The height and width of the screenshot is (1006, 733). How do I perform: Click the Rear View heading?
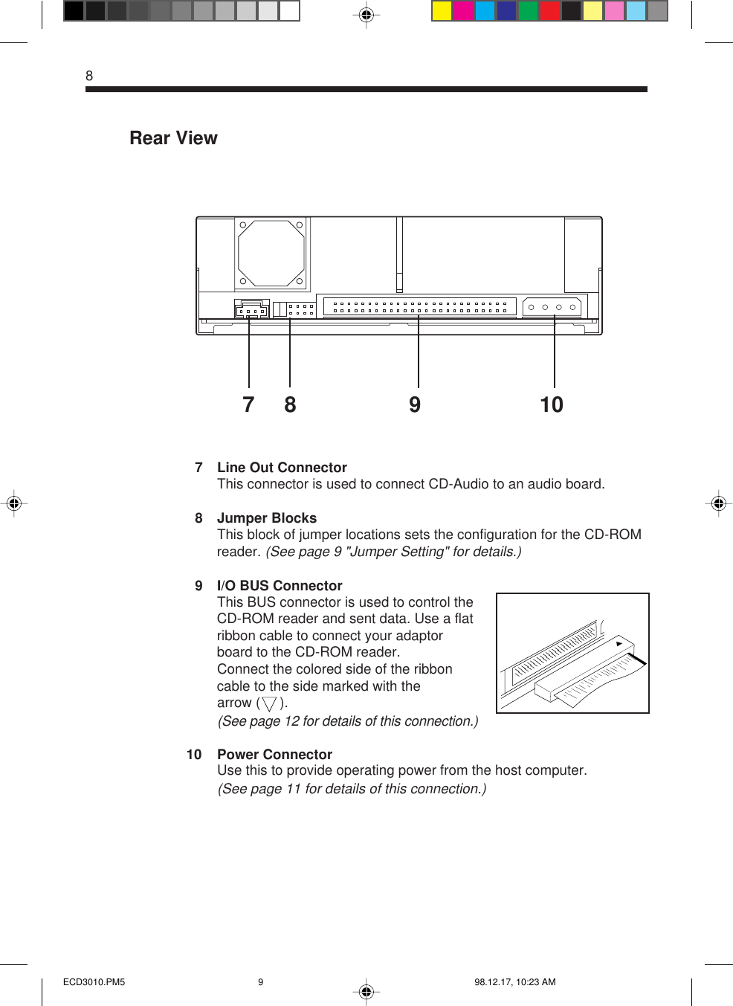pos(173,138)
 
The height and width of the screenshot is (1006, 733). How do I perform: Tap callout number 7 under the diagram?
pos(248,404)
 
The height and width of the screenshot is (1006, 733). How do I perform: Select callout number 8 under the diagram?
pos(290,404)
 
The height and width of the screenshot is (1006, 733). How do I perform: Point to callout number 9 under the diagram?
pos(415,404)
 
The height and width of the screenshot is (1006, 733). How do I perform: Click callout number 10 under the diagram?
pos(552,404)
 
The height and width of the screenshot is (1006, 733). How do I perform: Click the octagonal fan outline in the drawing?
pos(271,253)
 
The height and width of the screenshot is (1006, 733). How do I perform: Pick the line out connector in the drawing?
pos(251,309)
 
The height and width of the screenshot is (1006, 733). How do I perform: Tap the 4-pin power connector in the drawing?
pos(552,306)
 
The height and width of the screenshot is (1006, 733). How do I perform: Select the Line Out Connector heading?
pos(282,468)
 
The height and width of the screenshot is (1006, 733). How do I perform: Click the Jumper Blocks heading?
pos(266,518)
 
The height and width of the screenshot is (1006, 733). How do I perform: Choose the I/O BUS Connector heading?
pos(280,586)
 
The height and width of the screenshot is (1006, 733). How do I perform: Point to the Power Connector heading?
pos(274,755)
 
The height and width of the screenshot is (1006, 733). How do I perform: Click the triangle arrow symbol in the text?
pos(269,703)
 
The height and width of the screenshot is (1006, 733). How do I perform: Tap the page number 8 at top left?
pos(89,76)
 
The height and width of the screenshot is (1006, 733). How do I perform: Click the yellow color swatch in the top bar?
pos(442,11)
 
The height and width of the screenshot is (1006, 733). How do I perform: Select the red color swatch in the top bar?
pos(549,11)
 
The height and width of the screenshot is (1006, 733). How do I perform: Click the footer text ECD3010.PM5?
pos(94,982)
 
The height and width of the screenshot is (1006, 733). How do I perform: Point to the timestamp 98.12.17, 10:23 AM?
pos(515,982)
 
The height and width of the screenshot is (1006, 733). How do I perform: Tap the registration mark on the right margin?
pos(718,504)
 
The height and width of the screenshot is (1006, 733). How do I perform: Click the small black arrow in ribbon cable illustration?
pos(619,644)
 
